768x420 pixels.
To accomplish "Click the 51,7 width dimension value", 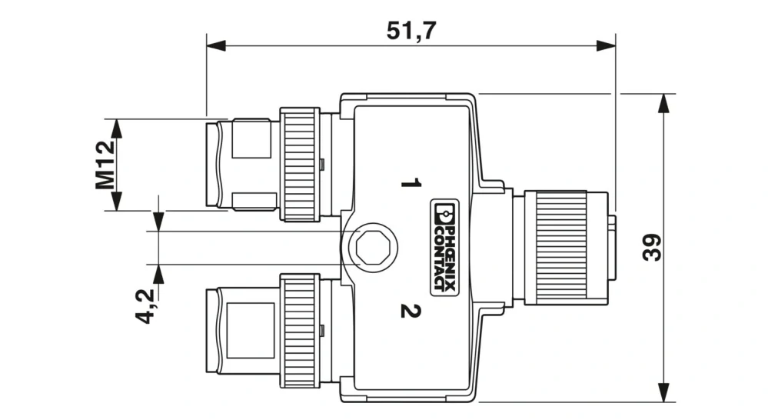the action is (411, 31).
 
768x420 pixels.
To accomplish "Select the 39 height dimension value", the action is (652, 248).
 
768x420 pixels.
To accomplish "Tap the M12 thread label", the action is (105, 165).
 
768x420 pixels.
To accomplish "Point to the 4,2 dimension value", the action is (145, 306).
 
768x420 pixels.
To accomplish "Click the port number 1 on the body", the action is (411, 183).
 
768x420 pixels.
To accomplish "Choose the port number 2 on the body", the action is (411, 311).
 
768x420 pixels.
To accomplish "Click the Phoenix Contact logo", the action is (445, 248).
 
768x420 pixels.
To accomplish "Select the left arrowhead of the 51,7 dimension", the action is (216, 46).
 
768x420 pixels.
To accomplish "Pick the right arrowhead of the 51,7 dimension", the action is (606, 46).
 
